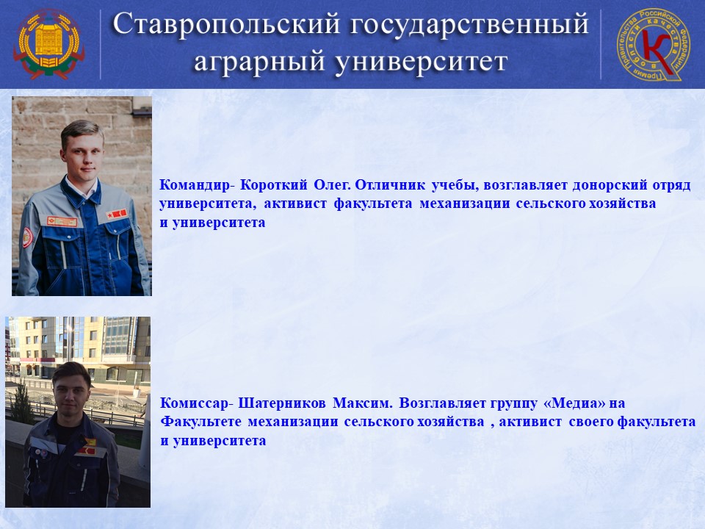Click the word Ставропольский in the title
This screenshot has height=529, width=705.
coord(226,24)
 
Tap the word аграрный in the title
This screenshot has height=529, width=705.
coord(259,61)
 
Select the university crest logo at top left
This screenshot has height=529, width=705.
coord(48,44)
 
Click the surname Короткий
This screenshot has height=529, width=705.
coord(274,185)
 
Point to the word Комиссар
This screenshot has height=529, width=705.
coord(194,403)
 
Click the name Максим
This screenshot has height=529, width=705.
coord(362,403)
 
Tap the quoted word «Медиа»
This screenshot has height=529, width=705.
coord(574,403)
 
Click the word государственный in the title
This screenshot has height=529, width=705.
coord(469,24)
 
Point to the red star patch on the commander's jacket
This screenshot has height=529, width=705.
coord(117,215)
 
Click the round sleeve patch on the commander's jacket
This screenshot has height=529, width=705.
coord(27,237)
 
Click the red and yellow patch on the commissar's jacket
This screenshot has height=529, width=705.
coord(87,446)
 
